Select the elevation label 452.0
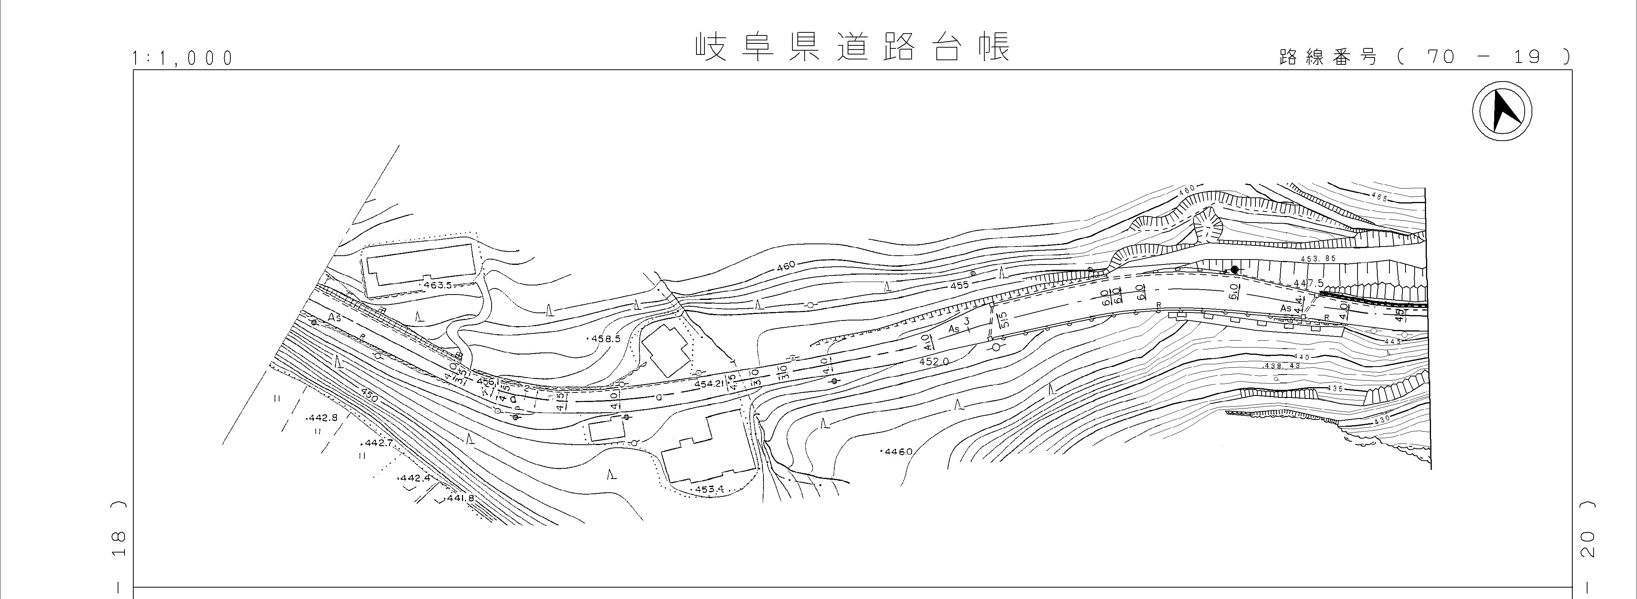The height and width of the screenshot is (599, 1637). [x=934, y=361]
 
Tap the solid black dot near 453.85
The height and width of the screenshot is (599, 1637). [x=1234, y=270]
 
